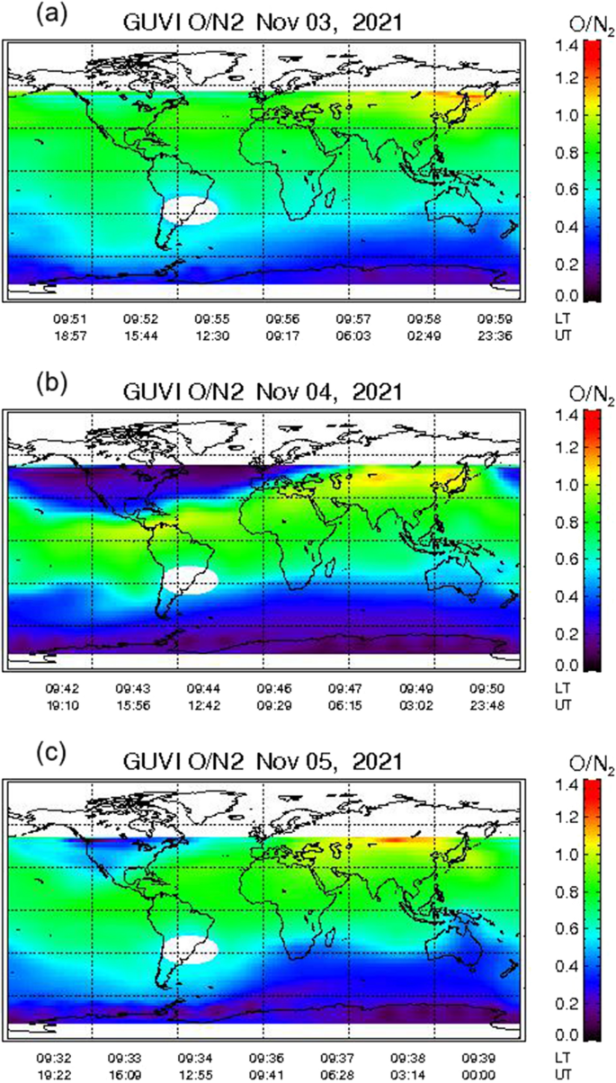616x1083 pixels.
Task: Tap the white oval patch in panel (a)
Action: [191, 210]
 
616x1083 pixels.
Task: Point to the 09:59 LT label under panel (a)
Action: [494, 318]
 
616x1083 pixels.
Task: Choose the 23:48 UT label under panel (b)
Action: [494, 702]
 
